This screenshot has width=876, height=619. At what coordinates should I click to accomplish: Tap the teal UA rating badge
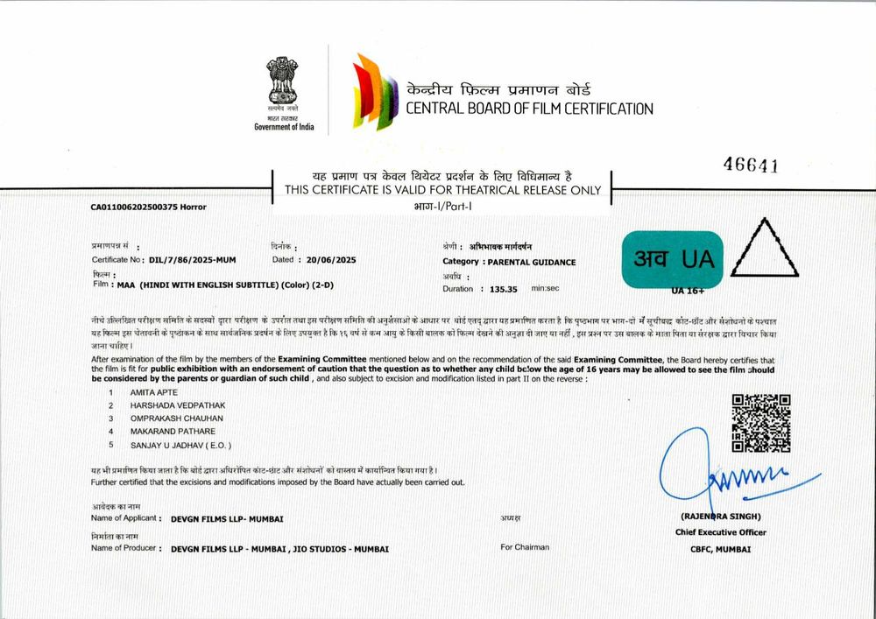point(672,259)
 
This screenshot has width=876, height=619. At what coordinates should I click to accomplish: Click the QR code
point(760,423)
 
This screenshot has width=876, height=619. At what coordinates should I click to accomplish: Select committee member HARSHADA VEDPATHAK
point(178,406)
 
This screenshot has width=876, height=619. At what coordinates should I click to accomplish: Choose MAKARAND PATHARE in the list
point(173,431)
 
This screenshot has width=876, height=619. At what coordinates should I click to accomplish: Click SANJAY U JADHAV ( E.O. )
point(180,445)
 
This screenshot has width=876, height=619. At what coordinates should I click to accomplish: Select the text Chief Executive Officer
point(720,532)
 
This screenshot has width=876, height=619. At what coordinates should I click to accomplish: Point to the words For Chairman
point(525,547)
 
